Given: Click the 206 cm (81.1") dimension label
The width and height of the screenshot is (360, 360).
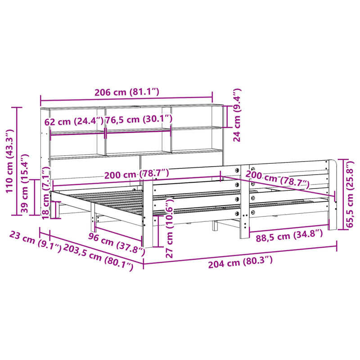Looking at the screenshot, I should (x=126, y=92).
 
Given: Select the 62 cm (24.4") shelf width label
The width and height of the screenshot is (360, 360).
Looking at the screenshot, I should (x=74, y=121).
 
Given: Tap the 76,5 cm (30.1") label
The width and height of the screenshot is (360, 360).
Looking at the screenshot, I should (x=139, y=119).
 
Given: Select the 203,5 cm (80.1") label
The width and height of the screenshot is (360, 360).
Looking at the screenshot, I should (x=98, y=257).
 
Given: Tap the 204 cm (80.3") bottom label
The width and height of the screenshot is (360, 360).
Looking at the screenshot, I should (x=240, y=263).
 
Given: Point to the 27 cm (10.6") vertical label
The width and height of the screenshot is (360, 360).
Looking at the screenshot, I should (x=169, y=228).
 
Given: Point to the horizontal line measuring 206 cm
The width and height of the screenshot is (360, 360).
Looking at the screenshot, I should (x=126, y=99).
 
